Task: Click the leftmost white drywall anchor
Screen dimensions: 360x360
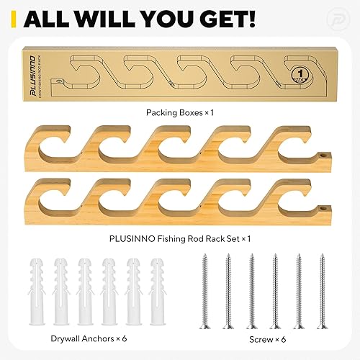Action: click(37, 288)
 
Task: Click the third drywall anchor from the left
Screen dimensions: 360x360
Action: click(84, 288)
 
